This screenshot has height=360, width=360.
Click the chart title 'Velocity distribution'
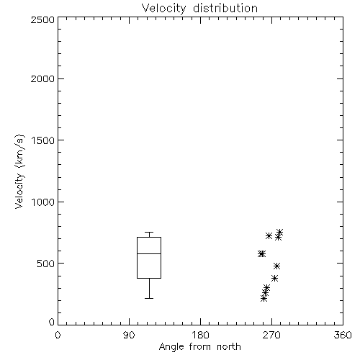pyautogui.click(x=199, y=8)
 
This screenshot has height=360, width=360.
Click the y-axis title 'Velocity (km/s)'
pyautogui.click(x=19, y=171)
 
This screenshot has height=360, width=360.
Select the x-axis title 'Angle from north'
pyautogui.click(x=199, y=347)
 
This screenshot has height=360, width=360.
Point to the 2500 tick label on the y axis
pyautogui.click(x=42, y=19)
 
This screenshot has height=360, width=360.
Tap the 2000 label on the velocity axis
pyautogui.click(x=42, y=78)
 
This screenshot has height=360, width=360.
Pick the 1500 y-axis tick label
pyautogui.click(x=43, y=140)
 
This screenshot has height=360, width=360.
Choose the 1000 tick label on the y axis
pyautogui.click(x=43, y=202)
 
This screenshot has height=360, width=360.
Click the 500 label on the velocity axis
pyautogui.click(x=46, y=264)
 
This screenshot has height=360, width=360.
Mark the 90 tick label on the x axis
pyautogui.click(x=129, y=335)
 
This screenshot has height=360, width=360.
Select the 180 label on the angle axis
pyautogui.click(x=200, y=335)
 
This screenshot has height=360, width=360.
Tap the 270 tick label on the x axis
pyautogui.click(x=271, y=335)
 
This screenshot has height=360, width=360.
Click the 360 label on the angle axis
pyautogui.click(x=343, y=335)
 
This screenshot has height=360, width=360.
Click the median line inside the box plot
pyautogui.click(x=149, y=253)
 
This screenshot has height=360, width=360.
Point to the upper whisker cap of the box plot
pyautogui.click(x=149, y=232)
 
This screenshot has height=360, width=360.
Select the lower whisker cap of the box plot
pyautogui.click(x=149, y=298)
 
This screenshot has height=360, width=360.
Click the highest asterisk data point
pyautogui.click(x=279, y=233)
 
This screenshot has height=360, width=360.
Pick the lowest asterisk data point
pyautogui.click(x=264, y=299)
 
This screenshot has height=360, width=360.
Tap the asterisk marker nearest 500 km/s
pyautogui.click(x=277, y=266)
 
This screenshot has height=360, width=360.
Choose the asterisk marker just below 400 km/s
pyautogui.click(x=275, y=279)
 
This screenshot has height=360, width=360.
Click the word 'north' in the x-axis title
pyautogui.click(x=229, y=347)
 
